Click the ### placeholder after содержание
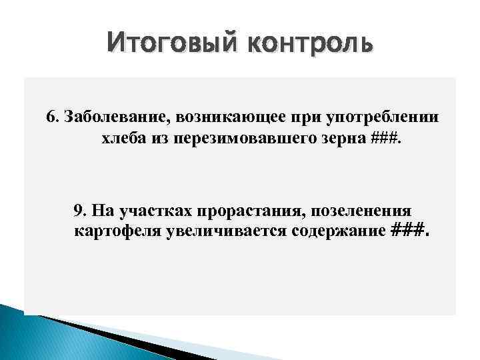(x=409, y=232)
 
